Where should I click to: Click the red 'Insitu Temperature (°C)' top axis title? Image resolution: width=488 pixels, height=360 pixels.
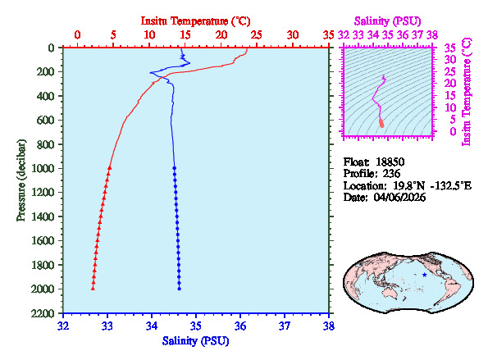click(x=196, y=19)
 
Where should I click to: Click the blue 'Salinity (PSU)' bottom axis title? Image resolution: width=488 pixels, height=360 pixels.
click(x=196, y=339)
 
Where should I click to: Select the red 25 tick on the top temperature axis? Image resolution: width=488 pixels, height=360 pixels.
click(x=257, y=34)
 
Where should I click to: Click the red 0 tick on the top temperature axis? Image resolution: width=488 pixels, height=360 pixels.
click(x=77, y=34)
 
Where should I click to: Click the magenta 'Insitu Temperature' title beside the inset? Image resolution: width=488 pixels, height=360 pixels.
click(x=467, y=90)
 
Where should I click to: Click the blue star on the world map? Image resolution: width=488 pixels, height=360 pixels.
click(x=424, y=275)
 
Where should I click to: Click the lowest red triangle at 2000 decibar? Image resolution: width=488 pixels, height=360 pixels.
click(x=93, y=289)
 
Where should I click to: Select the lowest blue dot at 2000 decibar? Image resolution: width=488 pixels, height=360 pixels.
click(x=180, y=289)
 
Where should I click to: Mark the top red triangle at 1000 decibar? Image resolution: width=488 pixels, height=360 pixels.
click(x=109, y=167)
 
